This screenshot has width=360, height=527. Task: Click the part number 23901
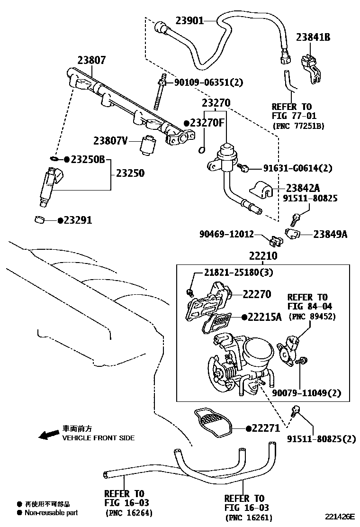point(189,20)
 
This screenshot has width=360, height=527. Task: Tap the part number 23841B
point(313,37)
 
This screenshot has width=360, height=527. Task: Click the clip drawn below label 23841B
point(310,68)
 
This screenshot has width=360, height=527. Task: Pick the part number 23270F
point(207,123)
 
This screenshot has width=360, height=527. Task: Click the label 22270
point(257,294)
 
